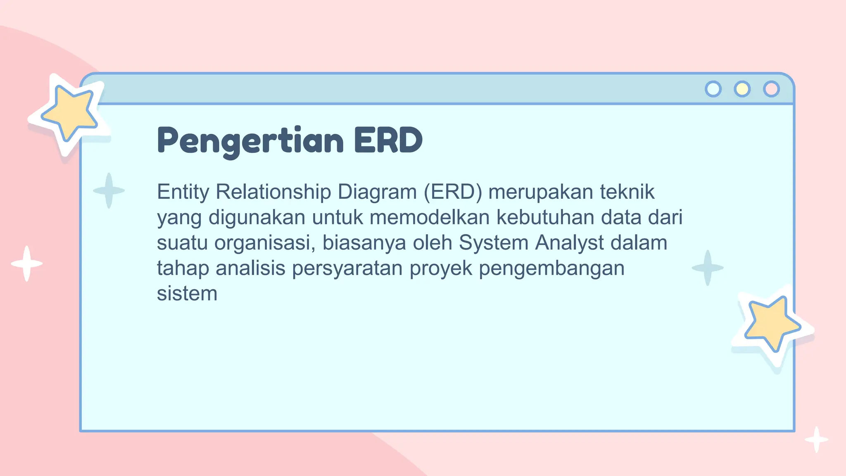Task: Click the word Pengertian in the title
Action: pyautogui.click(x=250, y=140)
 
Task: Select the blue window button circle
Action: pyautogui.click(x=713, y=89)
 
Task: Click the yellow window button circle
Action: pyautogui.click(x=742, y=89)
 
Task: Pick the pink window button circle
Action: pyautogui.click(x=771, y=89)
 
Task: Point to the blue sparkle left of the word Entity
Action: pyautogui.click(x=109, y=190)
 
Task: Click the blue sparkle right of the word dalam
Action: pyautogui.click(x=708, y=268)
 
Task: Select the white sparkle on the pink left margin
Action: pyautogui.click(x=27, y=264)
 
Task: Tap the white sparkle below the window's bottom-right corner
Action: pyautogui.click(x=816, y=439)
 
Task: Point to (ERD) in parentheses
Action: pyautogui.click(x=453, y=192)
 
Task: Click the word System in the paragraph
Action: pyautogui.click(x=494, y=243)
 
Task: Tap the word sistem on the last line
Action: pyautogui.click(x=187, y=294)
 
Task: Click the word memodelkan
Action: pyautogui.click(x=430, y=217)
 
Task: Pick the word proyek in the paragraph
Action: pyautogui.click(x=441, y=269)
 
